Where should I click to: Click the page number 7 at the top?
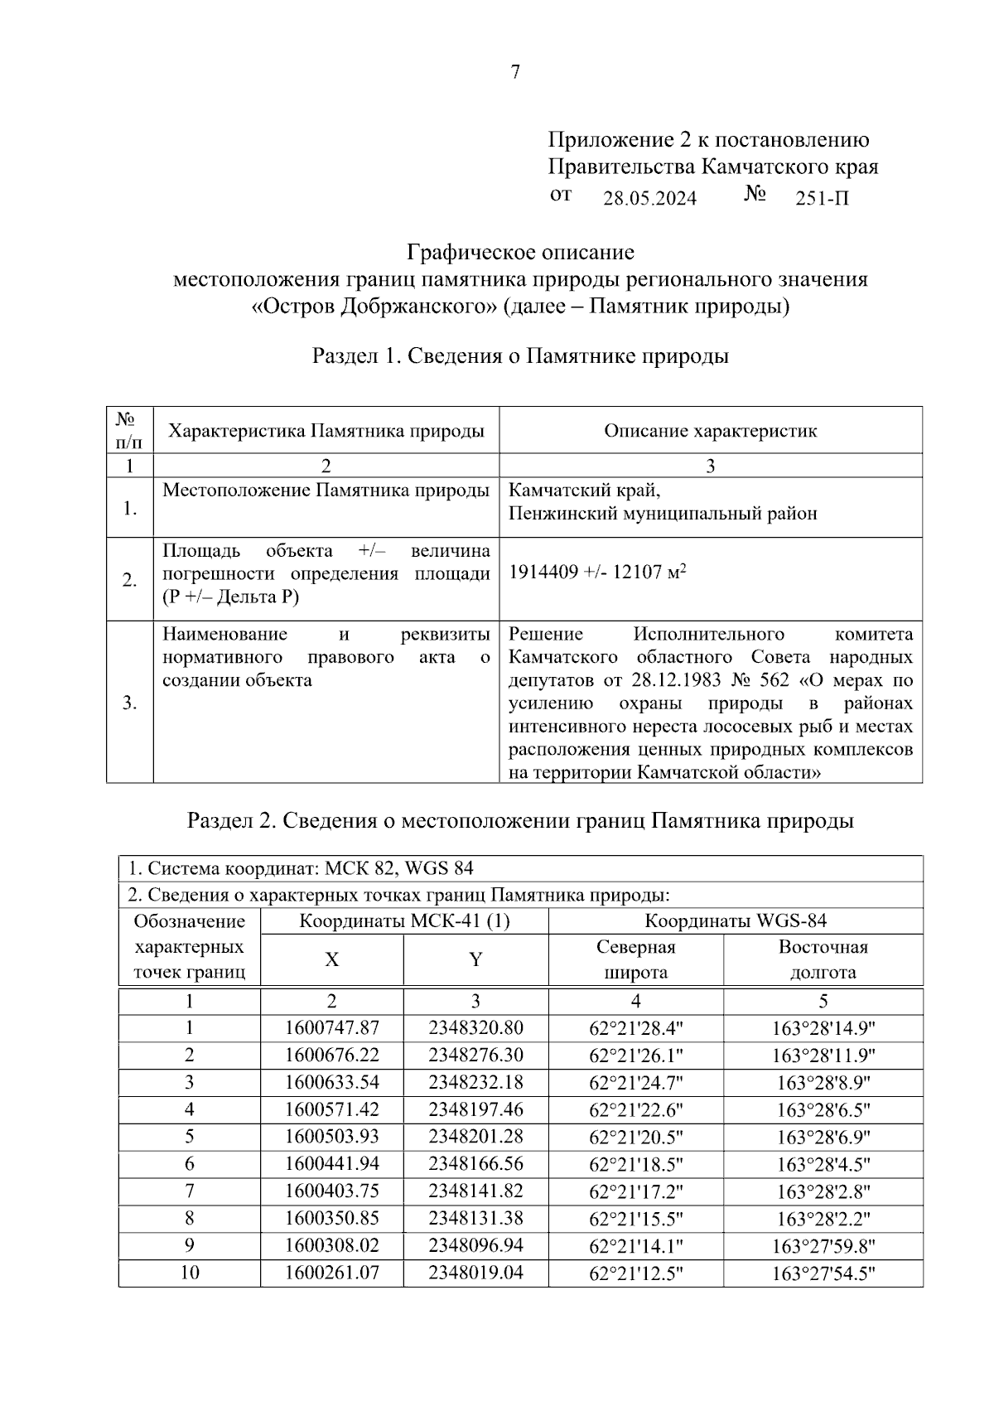(x=515, y=73)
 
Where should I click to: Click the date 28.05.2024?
(x=649, y=199)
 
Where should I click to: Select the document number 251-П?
(x=822, y=199)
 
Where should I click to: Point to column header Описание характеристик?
(x=710, y=431)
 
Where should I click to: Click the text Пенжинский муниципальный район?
(x=663, y=514)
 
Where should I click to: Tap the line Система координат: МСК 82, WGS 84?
(x=302, y=869)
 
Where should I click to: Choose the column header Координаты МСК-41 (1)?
(x=404, y=921)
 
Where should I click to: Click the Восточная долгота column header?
(x=823, y=959)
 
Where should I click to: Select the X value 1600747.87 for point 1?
(x=331, y=1028)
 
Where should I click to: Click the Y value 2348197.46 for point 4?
(x=475, y=1110)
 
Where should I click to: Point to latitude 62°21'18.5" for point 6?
(x=635, y=1165)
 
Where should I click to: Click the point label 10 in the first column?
(x=190, y=1273)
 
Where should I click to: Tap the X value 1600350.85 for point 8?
(x=331, y=1219)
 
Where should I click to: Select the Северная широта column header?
(x=635, y=959)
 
